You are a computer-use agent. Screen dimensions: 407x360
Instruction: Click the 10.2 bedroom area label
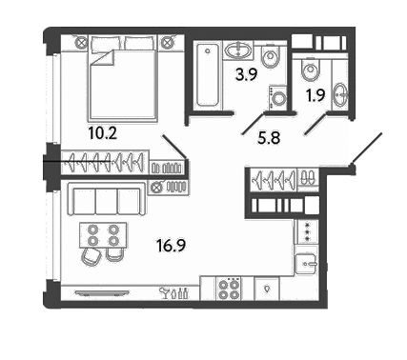(x=103, y=133)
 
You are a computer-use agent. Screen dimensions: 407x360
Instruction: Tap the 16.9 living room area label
(x=172, y=246)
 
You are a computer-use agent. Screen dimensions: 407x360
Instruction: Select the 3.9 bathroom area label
(x=246, y=75)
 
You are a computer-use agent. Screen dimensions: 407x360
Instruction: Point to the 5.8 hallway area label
(x=269, y=138)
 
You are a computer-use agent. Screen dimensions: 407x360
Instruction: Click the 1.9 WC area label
(x=315, y=95)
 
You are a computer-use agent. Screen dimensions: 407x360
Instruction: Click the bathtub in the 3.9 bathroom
(x=208, y=75)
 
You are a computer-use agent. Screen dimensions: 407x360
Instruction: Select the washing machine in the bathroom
(x=278, y=98)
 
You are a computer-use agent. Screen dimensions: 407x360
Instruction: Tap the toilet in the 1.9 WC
(x=310, y=70)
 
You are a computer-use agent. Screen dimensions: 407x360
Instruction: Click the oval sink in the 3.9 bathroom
(x=237, y=50)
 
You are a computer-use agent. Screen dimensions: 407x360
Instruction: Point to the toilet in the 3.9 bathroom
(x=271, y=57)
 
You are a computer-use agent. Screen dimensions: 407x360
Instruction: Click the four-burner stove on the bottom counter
(x=229, y=289)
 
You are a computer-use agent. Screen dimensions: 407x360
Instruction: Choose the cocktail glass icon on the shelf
(x=165, y=292)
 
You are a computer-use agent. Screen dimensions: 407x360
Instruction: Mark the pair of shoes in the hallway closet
(x=308, y=177)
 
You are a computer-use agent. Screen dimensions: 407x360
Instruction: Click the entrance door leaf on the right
(x=366, y=149)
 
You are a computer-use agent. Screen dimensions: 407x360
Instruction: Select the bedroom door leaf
(x=174, y=147)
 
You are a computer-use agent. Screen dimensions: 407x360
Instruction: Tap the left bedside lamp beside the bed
(x=82, y=42)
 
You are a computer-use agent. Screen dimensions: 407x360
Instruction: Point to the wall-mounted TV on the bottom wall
(x=102, y=292)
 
